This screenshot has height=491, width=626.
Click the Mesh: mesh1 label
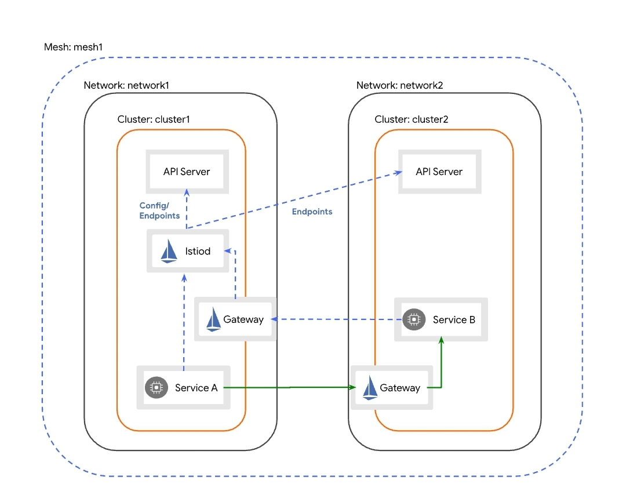click(x=73, y=47)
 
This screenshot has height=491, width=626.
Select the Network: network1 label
click(x=126, y=85)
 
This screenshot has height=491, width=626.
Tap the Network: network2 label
click(x=399, y=85)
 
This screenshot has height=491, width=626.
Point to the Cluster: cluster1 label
click(x=154, y=119)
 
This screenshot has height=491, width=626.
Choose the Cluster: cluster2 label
click(x=412, y=119)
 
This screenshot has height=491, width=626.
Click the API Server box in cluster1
click(x=187, y=172)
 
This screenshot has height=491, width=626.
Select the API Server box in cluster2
click(x=439, y=172)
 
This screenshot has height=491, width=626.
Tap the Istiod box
click(x=187, y=251)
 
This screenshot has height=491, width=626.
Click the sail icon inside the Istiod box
click(x=169, y=252)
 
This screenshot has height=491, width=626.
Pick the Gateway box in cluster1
click(x=235, y=319)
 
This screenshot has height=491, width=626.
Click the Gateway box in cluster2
click(x=391, y=387)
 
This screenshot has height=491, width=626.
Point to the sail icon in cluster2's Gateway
click(x=370, y=388)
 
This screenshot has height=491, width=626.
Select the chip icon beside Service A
click(x=155, y=388)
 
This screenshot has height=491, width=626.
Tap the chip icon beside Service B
click(x=413, y=319)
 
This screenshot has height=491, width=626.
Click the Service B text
click(x=454, y=319)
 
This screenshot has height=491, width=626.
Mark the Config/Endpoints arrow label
click(x=159, y=210)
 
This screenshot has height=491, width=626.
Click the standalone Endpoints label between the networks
click(x=312, y=212)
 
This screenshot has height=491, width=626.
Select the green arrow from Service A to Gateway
click(x=290, y=387)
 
